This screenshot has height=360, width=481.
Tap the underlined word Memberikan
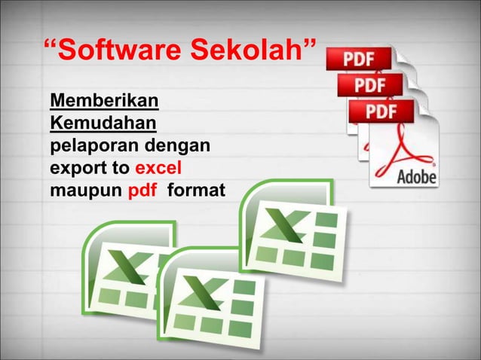(x=104, y=101)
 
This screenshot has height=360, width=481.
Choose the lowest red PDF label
(x=381, y=111)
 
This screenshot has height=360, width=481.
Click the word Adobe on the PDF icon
(x=417, y=178)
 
